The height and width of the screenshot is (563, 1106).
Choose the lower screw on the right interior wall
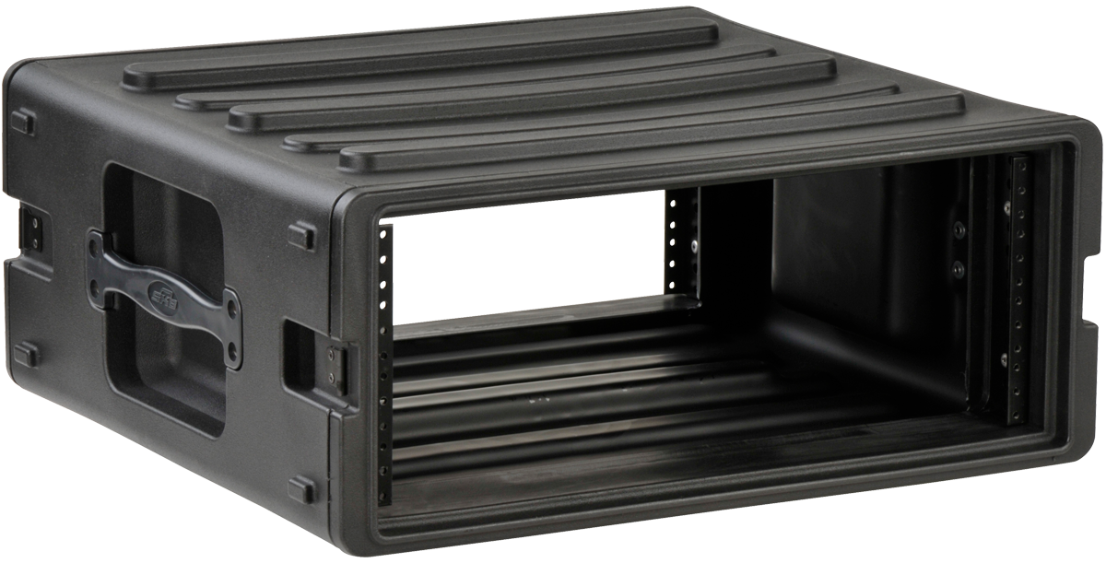click(x=959, y=268)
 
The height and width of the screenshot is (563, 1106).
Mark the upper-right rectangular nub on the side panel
click(x=301, y=234)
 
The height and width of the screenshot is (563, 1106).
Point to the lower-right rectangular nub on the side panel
click(x=301, y=488)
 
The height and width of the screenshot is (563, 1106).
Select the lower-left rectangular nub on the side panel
click(x=27, y=354)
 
